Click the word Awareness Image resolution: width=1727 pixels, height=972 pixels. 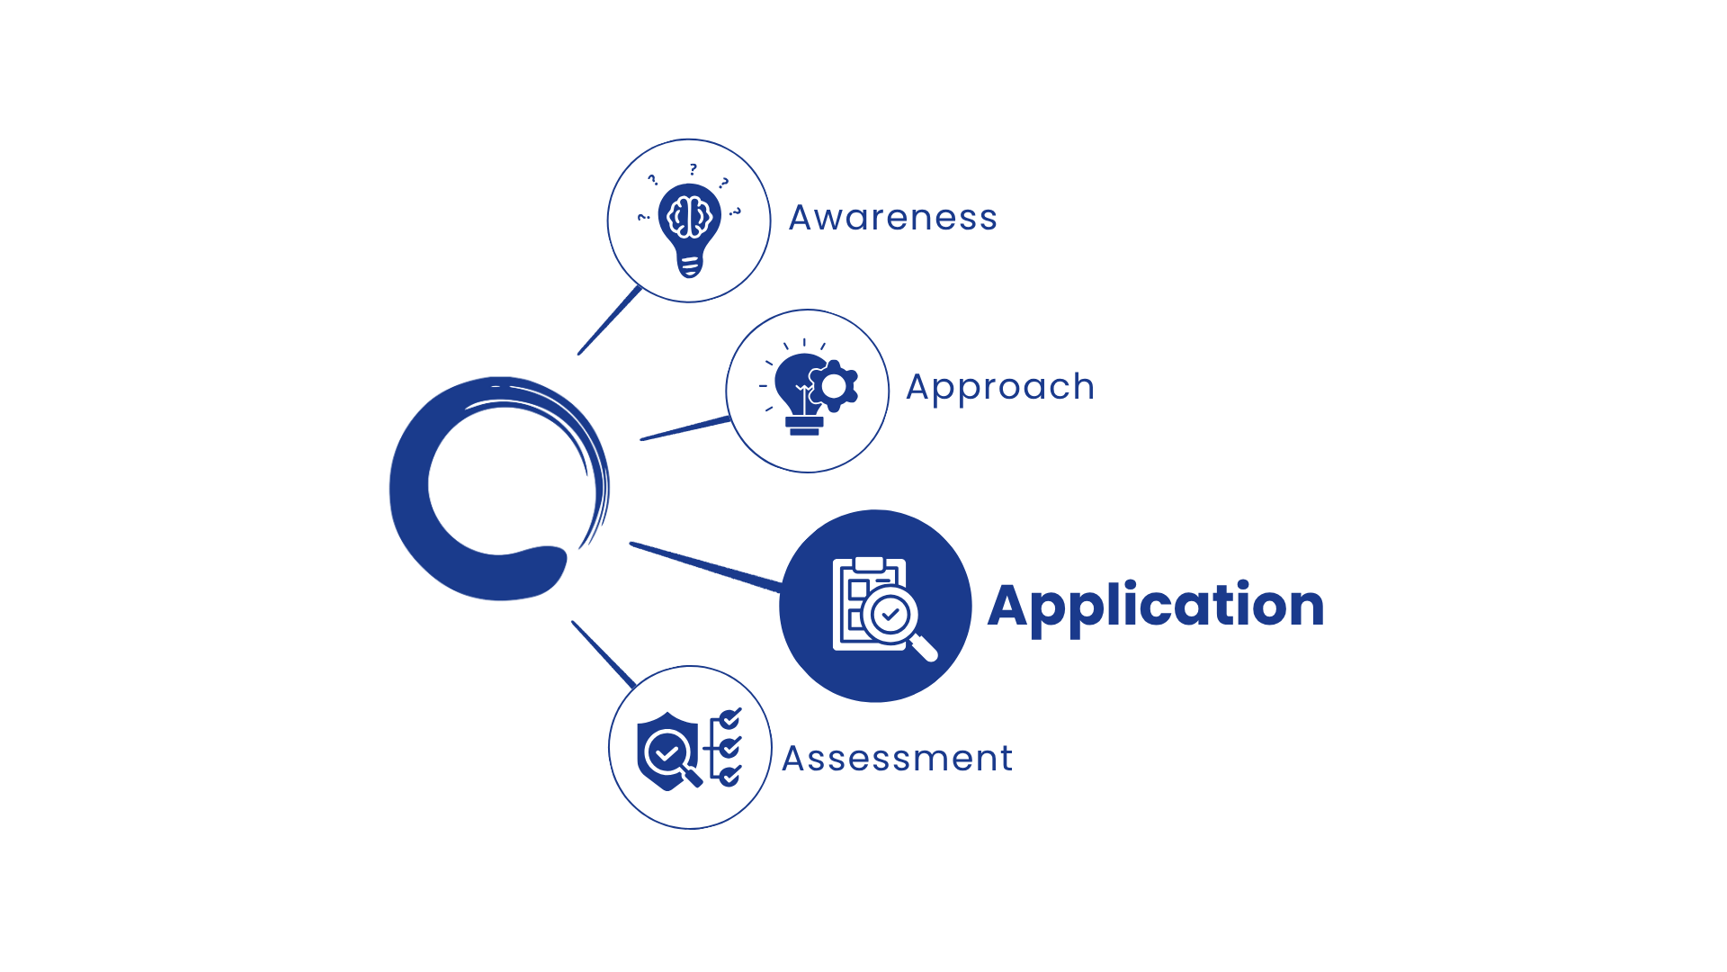(x=893, y=218)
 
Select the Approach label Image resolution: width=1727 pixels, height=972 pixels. (x=1000, y=388)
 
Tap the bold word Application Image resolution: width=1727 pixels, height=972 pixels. (x=1156, y=607)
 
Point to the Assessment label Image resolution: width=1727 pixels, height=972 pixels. (x=897, y=759)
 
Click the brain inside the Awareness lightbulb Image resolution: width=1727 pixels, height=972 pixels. (x=690, y=217)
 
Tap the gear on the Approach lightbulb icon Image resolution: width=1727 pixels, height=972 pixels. (x=834, y=386)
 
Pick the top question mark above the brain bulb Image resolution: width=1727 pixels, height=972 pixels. (x=693, y=169)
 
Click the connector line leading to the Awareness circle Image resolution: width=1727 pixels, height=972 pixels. (x=610, y=320)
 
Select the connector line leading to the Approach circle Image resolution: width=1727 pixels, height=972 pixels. (x=685, y=428)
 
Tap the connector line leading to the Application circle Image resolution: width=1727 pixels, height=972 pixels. (x=706, y=567)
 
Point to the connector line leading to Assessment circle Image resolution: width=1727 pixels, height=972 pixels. (x=604, y=654)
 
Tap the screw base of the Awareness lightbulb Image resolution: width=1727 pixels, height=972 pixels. (x=690, y=266)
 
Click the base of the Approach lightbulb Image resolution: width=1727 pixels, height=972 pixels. (x=804, y=426)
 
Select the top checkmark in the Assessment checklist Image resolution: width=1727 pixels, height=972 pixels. (x=730, y=718)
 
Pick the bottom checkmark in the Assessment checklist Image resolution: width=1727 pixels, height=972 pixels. (x=730, y=775)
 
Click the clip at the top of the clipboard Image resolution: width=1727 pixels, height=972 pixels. (x=869, y=564)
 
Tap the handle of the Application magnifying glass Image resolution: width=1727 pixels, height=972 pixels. (x=925, y=649)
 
